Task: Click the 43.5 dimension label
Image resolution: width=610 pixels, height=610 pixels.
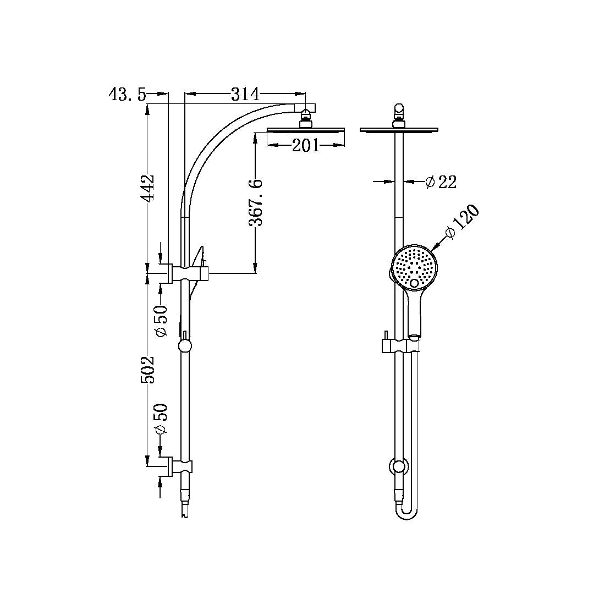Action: click(x=127, y=95)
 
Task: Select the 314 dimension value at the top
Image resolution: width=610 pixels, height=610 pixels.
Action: click(x=244, y=95)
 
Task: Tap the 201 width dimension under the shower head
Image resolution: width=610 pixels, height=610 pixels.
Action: click(x=305, y=145)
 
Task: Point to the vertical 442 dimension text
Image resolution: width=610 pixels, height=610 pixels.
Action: click(x=147, y=189)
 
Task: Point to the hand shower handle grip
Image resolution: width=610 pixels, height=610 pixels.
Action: click(x=415, y=314)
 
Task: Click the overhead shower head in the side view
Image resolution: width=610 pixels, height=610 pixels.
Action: click(x=305, y=130)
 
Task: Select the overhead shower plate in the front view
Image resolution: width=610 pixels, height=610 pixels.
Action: click(x=400, y=130)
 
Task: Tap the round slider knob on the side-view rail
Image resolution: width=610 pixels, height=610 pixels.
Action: click(x=185, y=346)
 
